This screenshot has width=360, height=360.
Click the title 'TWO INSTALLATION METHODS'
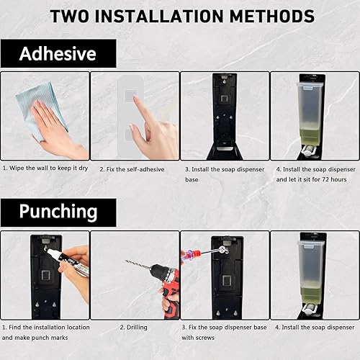pos(180,16)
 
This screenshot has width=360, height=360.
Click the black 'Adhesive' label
pos(57,53)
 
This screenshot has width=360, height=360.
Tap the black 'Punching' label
pos(58,211)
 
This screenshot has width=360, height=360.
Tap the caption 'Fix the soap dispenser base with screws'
pos(223,331)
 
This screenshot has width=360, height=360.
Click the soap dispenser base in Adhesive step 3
pos(223,115)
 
